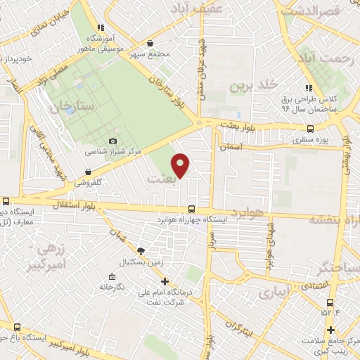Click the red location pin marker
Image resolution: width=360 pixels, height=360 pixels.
tap(181, 165)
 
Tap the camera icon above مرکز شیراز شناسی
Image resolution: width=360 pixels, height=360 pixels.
tap(112, 141)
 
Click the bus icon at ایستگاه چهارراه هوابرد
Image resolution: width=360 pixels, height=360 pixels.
tap(192, 209)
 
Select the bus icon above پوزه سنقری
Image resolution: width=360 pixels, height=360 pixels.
tap(311, 129)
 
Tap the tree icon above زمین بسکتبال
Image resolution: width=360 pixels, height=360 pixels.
tap(141, 251)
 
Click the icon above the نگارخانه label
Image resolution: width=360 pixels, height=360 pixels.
tap(112, 277)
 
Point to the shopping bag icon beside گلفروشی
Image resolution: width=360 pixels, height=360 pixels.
tap(87, 171)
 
